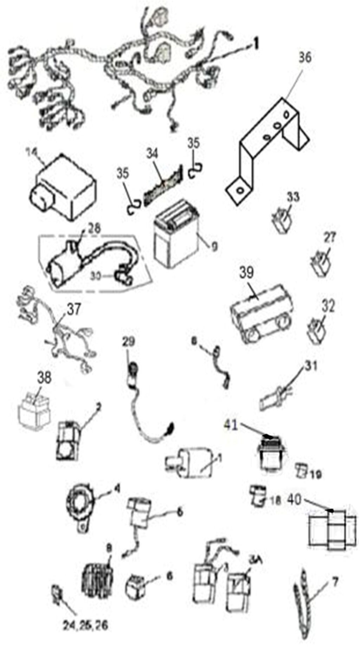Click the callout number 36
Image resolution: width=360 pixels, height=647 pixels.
(304, 57)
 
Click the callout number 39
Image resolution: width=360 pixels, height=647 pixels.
(246, 273)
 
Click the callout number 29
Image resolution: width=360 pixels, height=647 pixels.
(129, 341)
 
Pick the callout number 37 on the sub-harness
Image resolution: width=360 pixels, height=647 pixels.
(73, 309)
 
